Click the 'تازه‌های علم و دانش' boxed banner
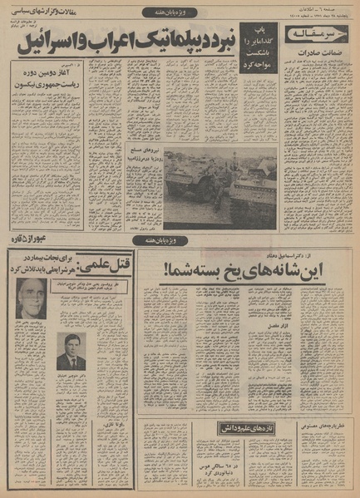click(224, 427)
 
